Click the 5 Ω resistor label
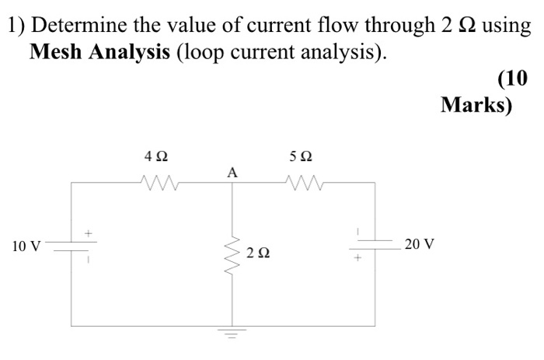coord(301,156)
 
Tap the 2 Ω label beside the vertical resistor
coord(258,253)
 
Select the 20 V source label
coord(420,244)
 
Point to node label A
coord(231,172)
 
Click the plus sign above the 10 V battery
coord(89,232)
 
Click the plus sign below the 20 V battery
coord(358,257)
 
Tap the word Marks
coord(476,105)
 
